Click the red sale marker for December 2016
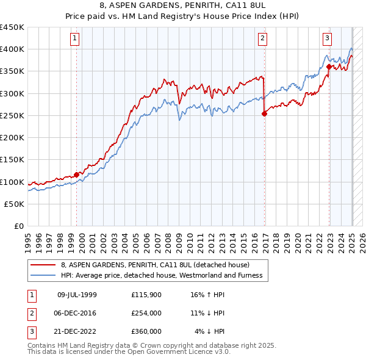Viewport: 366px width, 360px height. click(x=264, y=113)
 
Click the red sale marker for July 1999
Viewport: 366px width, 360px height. click(x=76, y=175)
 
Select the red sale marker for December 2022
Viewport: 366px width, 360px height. click(x=329, y=67)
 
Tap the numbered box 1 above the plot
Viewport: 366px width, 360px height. click(x=74, y=38)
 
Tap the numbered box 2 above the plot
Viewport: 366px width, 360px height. click(x=262, y=38)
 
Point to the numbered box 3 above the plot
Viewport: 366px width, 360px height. click(x=327, y=38)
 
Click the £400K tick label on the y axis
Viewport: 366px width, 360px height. click(x=12, y=49)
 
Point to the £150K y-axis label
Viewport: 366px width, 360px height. click(x=12, y=160)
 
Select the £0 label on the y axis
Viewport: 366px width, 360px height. click(x=19, y=226)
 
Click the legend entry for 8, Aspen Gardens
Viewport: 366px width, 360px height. click(x=155, y=265)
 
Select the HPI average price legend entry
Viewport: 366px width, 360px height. click(x=161, y=275)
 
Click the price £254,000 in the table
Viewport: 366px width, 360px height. click(x=146, y=313)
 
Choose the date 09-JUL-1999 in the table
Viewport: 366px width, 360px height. click(x=77, y=295)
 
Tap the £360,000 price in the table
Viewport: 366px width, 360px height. click(x=146, y=331)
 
